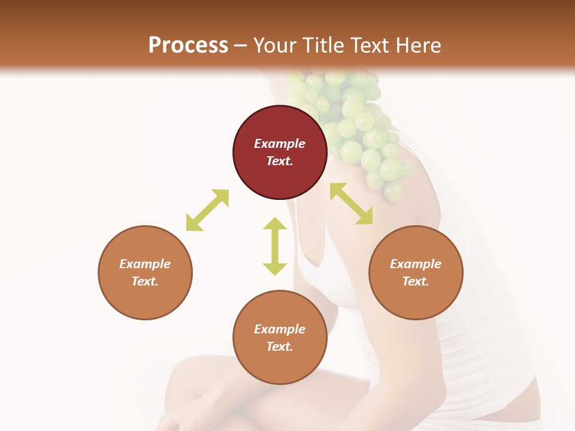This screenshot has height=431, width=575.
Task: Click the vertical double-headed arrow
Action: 275,246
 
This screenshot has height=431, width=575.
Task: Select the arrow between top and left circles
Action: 207,210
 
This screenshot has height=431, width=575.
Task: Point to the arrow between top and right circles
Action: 351,204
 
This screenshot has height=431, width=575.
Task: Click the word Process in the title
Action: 188,45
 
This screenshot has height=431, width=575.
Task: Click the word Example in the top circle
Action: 280,144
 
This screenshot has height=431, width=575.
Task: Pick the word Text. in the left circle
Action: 145,281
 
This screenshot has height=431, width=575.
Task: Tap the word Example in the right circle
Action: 416,264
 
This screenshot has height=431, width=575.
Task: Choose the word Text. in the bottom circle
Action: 280,347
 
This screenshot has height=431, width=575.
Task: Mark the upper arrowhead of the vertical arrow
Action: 275,224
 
